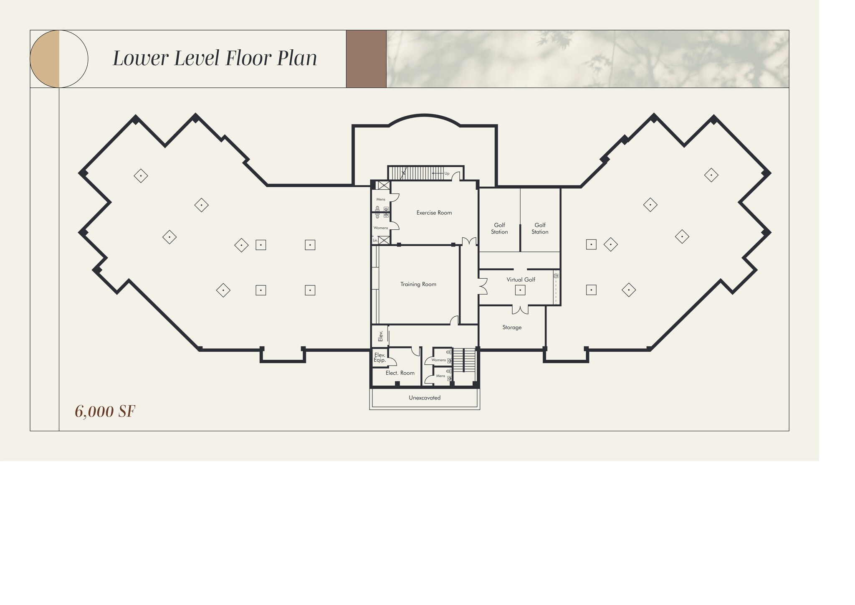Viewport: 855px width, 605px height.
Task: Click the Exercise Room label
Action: tap(434, 213)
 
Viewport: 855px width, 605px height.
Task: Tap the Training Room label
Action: tap(418, 284)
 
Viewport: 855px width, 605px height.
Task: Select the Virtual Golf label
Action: tap(521, 280)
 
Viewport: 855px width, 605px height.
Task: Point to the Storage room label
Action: tap(512, 327)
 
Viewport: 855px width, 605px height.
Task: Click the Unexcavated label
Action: tap(425, 398)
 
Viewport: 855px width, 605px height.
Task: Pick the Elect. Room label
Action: tap(400, 373)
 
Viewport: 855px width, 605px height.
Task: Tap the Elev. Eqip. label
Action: tap(379, 358)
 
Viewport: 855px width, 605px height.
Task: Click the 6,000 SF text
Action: tap(105, 412)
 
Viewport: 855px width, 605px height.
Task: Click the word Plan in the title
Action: tap(297, 58)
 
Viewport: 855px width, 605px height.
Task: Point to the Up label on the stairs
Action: tap(447, 173)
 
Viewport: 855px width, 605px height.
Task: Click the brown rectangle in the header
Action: tap(366, 59)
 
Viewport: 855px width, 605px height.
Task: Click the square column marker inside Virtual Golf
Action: tap(520, 290)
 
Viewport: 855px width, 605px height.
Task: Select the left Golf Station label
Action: tap(499, 228)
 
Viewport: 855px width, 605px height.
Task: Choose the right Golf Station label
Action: tap(540, 228)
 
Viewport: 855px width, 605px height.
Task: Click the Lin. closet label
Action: tap(375, 240)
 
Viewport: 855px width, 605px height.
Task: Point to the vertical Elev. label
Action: tap(380, 336)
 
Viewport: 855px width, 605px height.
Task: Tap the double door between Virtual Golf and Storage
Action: tap(520, 310)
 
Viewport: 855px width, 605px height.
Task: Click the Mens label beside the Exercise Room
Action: tap(381, 199)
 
